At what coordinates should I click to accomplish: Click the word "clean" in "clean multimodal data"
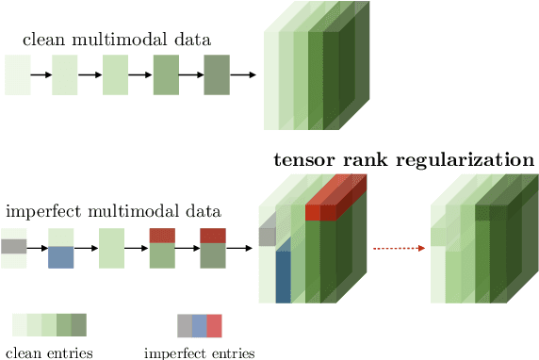[41, 40]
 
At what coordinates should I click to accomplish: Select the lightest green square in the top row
[17, 75]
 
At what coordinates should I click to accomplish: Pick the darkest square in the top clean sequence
[217, 75]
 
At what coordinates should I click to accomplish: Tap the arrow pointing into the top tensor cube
[242, 75]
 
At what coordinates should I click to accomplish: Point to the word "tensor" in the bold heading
[299, 159]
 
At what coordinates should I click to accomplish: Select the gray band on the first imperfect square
[14, 247]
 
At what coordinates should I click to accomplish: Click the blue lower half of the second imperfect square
[60, 257]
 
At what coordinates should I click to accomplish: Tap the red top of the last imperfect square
[212, 236]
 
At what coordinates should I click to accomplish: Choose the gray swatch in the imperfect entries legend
[185, 326]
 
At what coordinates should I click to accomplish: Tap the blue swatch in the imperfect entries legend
[199, 326]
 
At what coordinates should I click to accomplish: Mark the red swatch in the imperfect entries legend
[214, 326]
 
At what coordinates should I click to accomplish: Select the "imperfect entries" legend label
[199, 353]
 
